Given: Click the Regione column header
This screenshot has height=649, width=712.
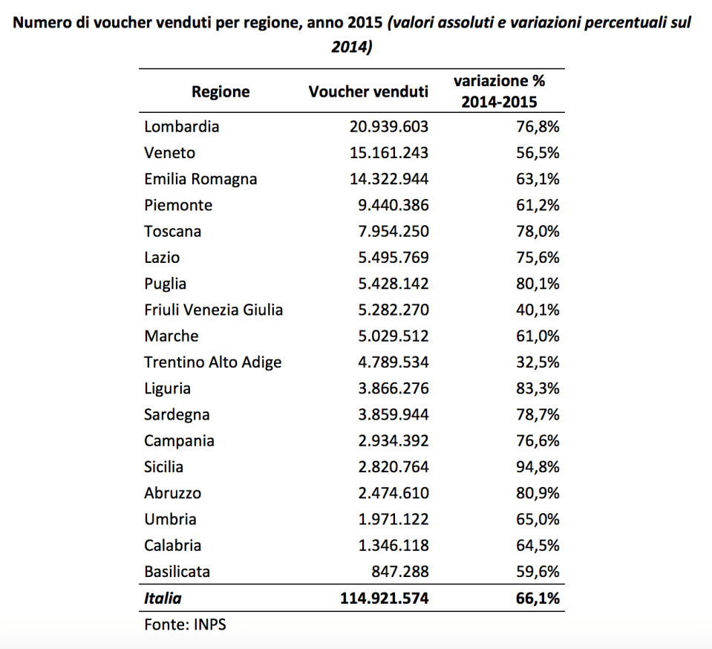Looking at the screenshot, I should point(221,92).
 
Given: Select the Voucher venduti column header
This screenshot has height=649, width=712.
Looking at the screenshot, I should point(368,92).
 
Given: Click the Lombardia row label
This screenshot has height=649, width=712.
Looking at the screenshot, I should point(182,126).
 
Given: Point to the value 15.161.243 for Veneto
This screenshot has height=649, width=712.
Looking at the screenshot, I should point(389,153).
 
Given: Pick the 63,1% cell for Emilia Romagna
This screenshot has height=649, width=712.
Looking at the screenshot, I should point(537,179).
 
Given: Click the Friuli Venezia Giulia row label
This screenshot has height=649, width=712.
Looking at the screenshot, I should point(214,310).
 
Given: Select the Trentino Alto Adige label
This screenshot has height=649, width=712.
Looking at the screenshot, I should point(213,362).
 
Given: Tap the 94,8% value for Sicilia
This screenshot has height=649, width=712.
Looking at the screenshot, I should point(537,467).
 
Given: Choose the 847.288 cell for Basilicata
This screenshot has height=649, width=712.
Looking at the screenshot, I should point(402,572).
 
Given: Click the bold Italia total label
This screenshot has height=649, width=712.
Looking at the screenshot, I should point(163,598).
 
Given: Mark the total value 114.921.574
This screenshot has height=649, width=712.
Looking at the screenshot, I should point(385,598).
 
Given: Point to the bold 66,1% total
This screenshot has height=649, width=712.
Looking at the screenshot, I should point(537,598).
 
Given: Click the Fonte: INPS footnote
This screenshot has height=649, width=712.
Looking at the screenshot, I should point(185,624).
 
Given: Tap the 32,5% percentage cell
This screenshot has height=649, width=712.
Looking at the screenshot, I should point(537,362).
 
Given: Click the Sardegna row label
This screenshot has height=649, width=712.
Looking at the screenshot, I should point(177,414).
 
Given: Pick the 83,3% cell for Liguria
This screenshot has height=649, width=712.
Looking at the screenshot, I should point(537,388).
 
